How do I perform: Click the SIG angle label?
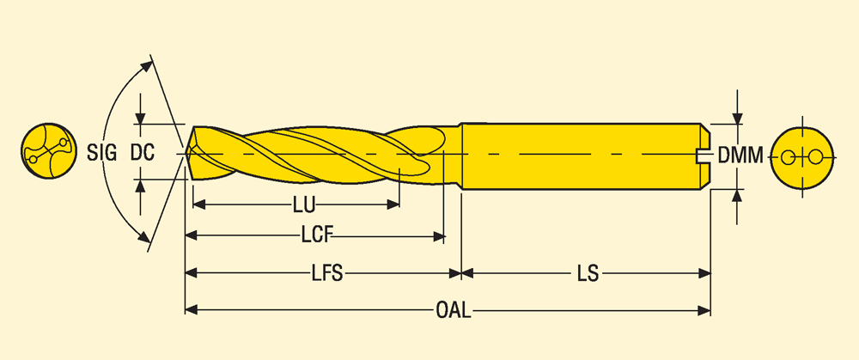point(102,154)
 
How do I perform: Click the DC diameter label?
point(143,154)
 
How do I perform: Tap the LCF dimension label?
point(317,235)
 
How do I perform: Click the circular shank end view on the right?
point(803,157)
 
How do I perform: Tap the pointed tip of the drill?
point(186,154)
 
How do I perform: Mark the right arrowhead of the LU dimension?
point(395,204)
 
